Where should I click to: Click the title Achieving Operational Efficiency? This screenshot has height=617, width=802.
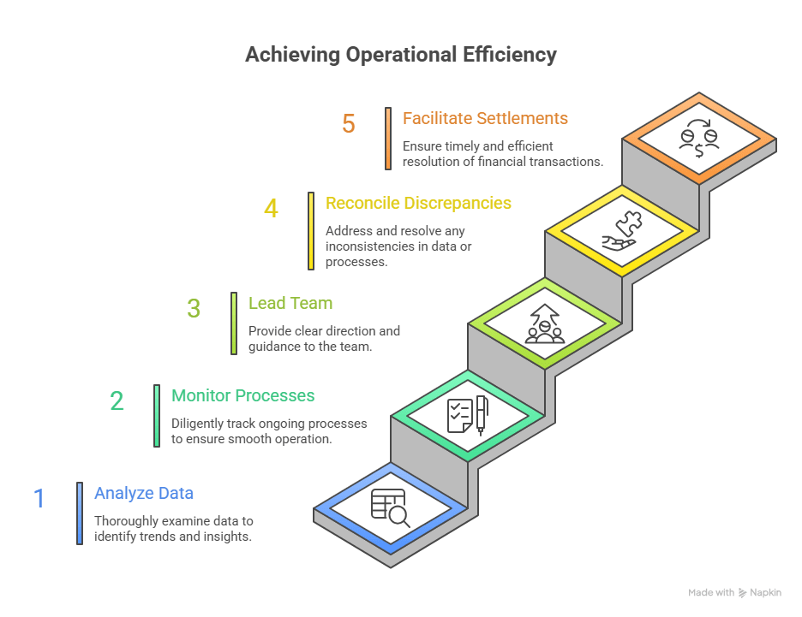click(400, 55)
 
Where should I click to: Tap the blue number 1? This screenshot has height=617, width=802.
click(39, 498)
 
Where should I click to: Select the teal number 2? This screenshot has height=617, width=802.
click(117, 400)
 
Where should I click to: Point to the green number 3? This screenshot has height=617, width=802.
click(194, 308)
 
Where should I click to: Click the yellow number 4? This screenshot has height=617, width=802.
click(271, 208)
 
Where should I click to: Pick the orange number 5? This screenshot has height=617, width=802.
click(348, 123)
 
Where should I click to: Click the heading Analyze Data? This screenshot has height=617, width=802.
click(143, 494)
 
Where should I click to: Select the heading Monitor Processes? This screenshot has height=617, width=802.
click(242, 396)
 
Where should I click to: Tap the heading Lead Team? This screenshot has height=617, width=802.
click(290, 303)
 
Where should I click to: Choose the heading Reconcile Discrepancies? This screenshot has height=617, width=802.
click(418, 204)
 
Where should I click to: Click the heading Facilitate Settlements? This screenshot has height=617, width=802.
click(485, 118)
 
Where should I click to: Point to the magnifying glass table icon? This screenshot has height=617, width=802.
click(390, 507)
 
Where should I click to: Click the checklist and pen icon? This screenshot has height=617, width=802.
click(467, 415)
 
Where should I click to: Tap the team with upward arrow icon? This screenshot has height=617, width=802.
click(544, 323)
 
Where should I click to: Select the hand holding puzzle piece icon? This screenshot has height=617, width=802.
click(621, 230)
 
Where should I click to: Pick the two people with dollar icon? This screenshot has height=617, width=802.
click(698, 137)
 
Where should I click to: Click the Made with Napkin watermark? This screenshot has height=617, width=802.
click(733, 592)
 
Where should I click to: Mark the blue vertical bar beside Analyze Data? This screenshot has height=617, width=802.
click(80, 513)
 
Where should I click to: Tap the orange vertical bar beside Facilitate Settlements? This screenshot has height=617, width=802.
click(388, 139)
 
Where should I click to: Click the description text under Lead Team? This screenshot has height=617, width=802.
click(323, 339)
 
